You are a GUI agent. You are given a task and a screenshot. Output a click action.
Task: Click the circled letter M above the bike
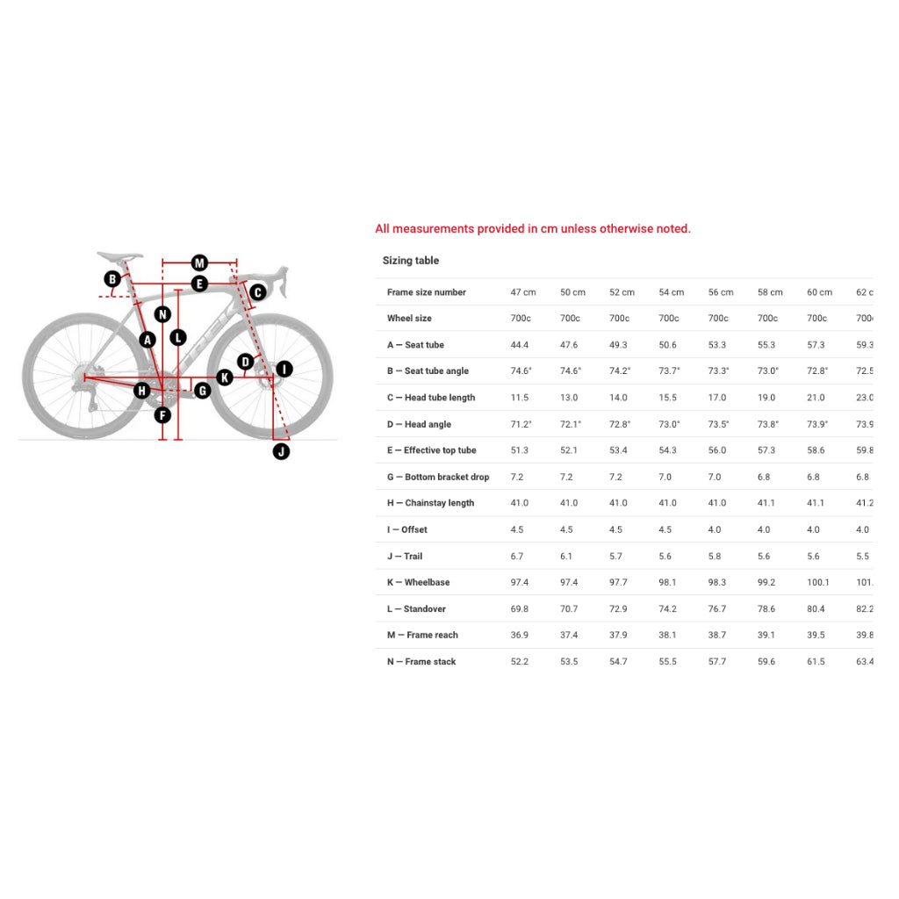pyautogui.click(x=199, y=263)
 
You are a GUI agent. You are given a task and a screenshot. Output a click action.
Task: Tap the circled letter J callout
pyautogui.click(x=281, y=451)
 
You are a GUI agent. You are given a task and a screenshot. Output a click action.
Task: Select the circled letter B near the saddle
pyautogui.click(x=112, y=279)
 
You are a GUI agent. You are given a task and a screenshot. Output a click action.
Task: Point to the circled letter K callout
pyautogui.click(x=225, y=378)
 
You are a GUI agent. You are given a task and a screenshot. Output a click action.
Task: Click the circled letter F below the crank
pyautogui.click(x=162, y=415)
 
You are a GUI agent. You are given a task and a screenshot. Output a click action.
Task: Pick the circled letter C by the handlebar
pyautogui.click(x=257, y=292)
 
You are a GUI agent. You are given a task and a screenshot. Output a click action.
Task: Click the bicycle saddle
pyautogui.click(x=119, y=257)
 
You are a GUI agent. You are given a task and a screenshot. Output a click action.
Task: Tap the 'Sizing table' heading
pyautogui.click(x=411, y=261)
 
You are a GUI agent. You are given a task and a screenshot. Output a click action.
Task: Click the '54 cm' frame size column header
pyautogui.click(x=672, y=292)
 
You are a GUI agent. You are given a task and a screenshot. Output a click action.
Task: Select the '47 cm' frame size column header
pyautogui.click(x=523, y=292)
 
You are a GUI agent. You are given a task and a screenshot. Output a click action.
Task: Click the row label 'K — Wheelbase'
pyautogui.click(x=418, y=582)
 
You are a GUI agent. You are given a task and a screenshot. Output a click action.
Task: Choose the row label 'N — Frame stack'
pyautogui.click(x=421, y=662)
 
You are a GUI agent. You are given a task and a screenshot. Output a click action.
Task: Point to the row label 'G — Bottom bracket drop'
pyautogui.click(x=438, y=477)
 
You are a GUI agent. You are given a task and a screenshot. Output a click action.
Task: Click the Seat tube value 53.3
pyautogui.click(x=718, y=345)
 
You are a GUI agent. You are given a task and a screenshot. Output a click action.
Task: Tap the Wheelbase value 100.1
pyautogui.click(x=818, y=582)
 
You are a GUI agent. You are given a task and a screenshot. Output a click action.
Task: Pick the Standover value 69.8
pyautogui.click(x=520, y=608)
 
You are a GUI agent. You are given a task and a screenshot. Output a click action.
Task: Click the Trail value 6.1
pyautogui.click(x=566, y=556)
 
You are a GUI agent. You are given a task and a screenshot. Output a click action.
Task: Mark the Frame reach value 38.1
pyautogui.click(x=668, y=635)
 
